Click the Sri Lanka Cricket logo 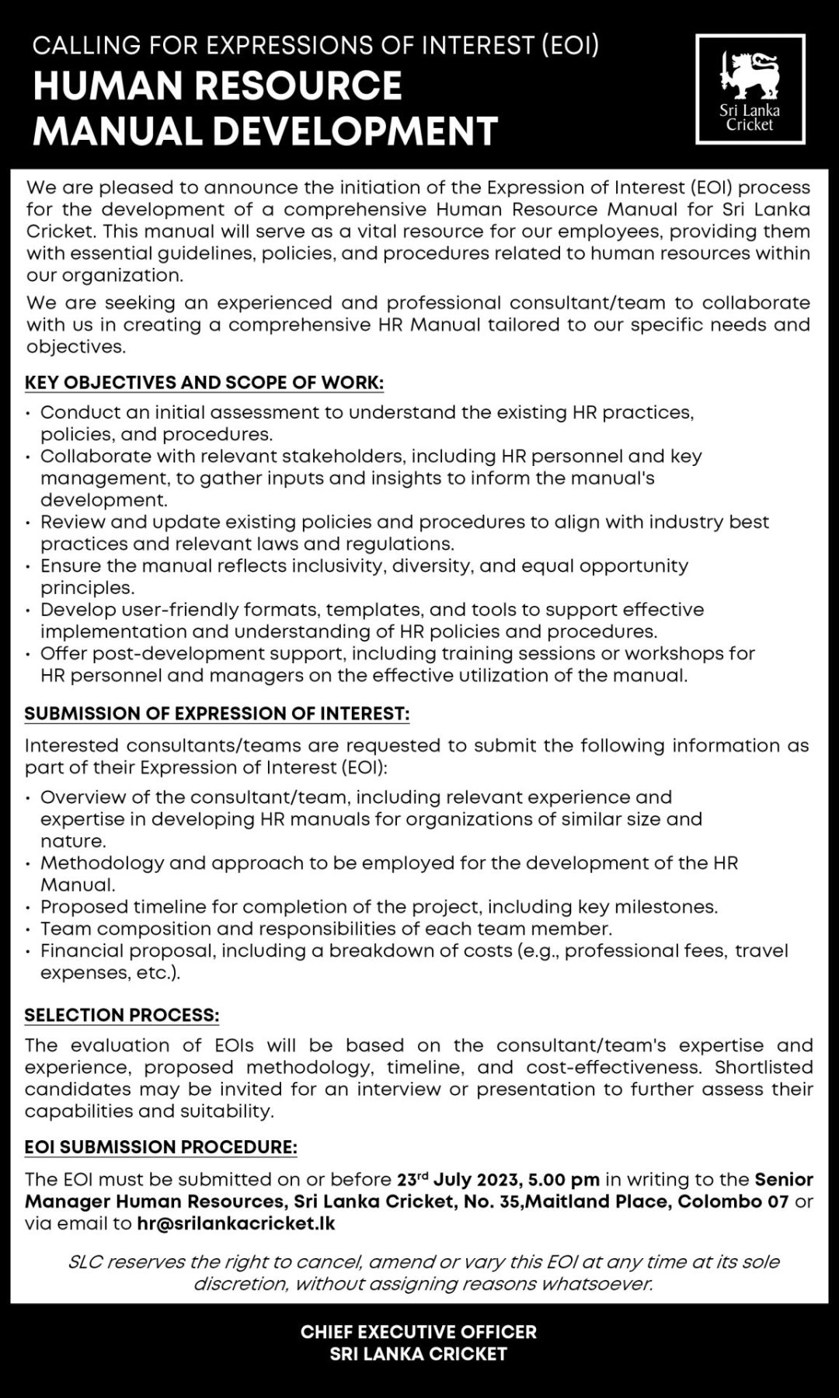[750, 89]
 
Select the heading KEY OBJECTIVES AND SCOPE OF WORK [204, 383]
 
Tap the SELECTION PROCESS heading [122, 1015]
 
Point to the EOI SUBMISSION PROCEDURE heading [161, 1147]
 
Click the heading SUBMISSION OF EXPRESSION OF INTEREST [217, 713]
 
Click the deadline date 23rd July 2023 [459, 1180]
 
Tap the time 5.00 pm [564, 1180]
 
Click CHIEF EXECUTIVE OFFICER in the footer [419, 1332]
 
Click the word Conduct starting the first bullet [75, 412]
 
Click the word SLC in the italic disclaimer [85, 1262]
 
